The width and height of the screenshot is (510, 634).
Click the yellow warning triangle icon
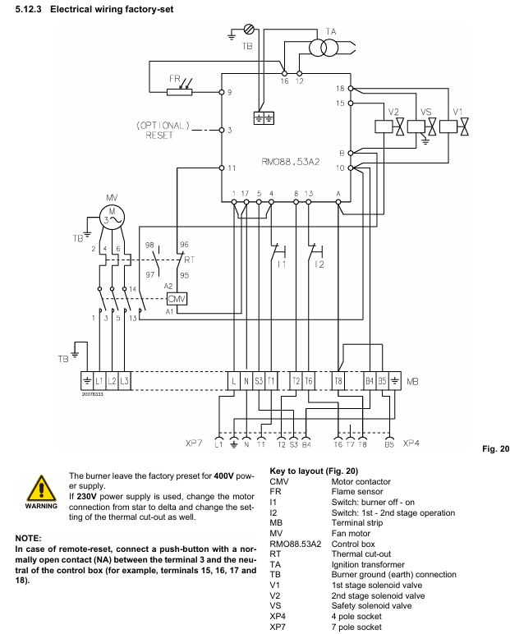coord(41,489)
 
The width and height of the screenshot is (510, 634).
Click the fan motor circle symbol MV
coord(112,217)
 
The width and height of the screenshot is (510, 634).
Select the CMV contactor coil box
coord(177,299)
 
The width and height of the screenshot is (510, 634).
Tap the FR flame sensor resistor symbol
coord(180,92)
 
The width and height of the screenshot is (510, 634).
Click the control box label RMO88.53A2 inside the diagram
coord(291,162)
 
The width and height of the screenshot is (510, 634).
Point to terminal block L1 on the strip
coord(99,381)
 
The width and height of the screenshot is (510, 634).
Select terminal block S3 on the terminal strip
coord(259,381)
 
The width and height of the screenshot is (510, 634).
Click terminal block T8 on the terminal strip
coord(338,381)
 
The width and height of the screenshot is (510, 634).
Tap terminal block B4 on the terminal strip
coord(370,381)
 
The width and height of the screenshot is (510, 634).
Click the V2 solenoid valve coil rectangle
coord(384,126)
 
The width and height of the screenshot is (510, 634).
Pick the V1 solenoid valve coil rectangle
coord(448,126)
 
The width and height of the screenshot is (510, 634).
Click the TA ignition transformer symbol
coord(324,48)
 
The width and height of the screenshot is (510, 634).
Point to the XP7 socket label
coord(194,443)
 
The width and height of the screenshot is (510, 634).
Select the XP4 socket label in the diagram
coord(411,443)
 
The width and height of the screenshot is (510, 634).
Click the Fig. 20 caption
coord(496,449)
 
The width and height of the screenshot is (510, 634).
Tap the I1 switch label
coord(282,264)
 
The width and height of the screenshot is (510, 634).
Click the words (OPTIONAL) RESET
coord(163,131)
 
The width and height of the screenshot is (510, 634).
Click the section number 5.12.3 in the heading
coord(28,9)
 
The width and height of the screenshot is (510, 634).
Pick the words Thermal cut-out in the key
coord(361,554)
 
